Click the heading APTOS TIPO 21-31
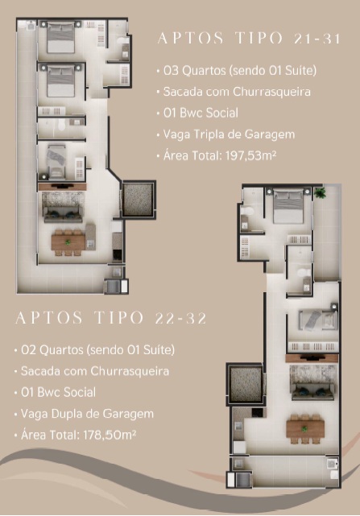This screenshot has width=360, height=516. pos(249,38)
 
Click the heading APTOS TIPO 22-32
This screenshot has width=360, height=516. pos(111,318)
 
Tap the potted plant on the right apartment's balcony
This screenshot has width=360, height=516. pos(320,192)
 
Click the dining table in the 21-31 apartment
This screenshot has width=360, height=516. pos(68,242)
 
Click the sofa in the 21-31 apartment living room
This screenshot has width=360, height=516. pos(64,215)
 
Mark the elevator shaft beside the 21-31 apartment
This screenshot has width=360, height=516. pos(138,199)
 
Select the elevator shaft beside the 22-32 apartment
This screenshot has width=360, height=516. pos(246,384)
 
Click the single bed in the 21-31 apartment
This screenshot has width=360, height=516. pos(56,160)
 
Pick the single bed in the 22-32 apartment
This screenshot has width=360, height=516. pos(317,320)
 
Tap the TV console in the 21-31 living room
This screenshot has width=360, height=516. pos(62,187)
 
